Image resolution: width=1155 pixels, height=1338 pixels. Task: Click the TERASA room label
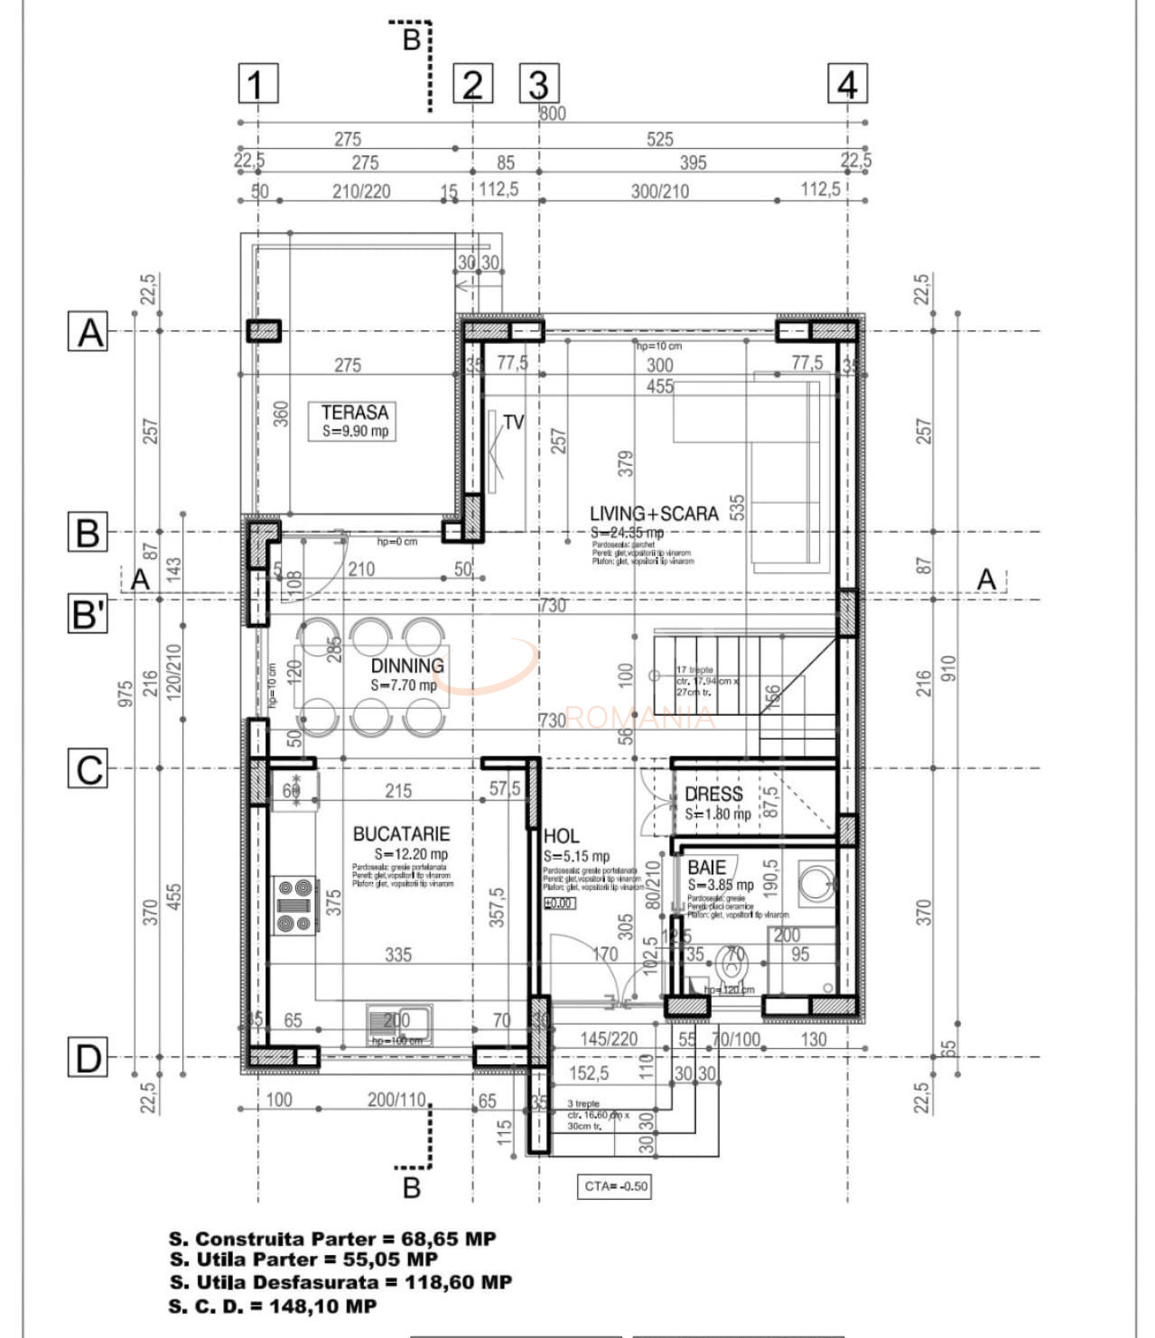click(354, 413)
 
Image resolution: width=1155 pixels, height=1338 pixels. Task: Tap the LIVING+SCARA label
click(654, 514)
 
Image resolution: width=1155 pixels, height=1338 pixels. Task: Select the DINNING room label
click(407, 665)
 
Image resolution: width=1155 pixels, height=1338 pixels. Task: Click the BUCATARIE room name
click(401, 834)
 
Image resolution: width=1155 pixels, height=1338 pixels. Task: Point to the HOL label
click(561, 836)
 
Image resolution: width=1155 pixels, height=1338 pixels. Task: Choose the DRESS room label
click(713, 794)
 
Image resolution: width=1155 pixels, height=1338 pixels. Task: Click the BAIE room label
click(706, 867)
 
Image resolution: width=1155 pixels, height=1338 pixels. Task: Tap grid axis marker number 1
click(257, 84)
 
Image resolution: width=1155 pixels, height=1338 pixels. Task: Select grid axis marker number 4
click(847, 84)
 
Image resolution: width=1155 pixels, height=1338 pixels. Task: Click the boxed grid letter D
click(88, 1057)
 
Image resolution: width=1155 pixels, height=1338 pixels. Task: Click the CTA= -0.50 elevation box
click(614, 1185)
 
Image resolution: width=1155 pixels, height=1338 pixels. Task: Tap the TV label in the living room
click(513, 423)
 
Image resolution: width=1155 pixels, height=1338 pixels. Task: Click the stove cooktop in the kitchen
click(294, 906)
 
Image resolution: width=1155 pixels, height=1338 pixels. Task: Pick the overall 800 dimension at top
click(552, 114)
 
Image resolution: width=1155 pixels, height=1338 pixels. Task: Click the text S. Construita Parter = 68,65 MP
click(332, 1239)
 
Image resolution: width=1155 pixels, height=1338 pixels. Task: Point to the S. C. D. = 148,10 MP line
click(273, 1305)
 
